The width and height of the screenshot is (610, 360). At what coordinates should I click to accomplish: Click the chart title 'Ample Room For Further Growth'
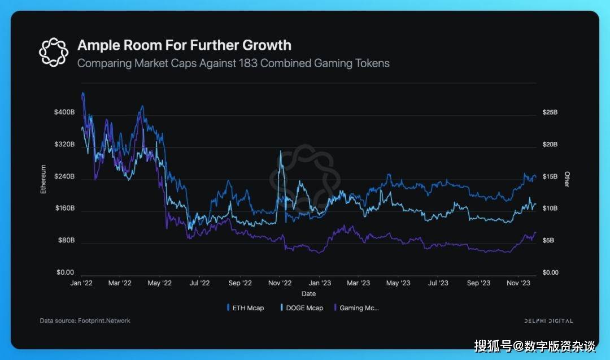184,45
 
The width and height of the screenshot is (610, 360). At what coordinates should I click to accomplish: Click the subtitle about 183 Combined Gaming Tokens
233,63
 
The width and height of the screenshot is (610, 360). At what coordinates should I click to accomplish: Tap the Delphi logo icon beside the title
53,51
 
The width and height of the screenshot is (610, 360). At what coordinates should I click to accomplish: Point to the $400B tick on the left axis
64,112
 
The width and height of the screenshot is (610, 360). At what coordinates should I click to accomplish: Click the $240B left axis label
64,177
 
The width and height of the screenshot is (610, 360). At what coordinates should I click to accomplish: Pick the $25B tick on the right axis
550,112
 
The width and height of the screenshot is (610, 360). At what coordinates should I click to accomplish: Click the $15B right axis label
550,177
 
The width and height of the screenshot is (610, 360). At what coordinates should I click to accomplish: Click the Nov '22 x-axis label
280,283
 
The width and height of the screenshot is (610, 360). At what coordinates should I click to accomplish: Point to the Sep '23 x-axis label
478,283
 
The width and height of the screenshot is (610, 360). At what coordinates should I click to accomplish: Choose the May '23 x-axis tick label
398,283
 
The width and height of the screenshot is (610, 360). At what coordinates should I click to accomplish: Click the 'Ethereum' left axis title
43,180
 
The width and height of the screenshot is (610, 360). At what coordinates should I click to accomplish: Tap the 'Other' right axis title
567,180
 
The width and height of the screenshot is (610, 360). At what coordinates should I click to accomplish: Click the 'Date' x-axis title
308,294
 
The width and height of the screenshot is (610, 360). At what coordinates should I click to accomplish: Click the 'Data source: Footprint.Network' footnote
85,321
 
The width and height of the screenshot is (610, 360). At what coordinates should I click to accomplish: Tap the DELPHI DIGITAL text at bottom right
548,321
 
